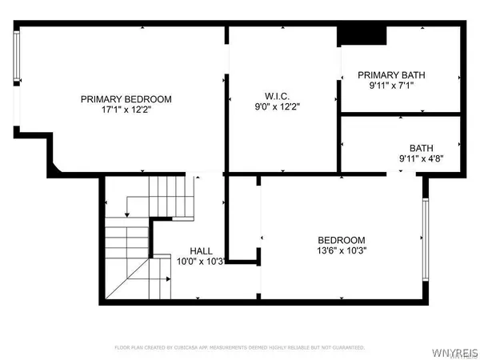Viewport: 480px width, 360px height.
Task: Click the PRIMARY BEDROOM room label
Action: coord(126,99)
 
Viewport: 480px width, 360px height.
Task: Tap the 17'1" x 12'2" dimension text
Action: coord(126,110)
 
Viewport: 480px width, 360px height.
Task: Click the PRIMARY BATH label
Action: coord(391,75)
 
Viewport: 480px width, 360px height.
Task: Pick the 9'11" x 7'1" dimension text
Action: coord(391,86)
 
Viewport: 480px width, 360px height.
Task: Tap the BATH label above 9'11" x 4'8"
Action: coord(421,148)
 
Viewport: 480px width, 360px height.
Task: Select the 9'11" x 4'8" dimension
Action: coord(421,158)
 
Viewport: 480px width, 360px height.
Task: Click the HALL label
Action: coord(201,250)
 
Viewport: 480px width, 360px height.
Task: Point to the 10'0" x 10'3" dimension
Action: coord(200,261)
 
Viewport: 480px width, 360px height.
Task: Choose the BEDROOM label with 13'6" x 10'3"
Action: coord(342,240)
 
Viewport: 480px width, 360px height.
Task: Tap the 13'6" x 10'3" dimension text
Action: coord(342,250)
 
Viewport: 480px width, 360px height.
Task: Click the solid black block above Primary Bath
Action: coord(362,36)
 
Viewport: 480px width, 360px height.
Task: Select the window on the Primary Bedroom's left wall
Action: coord(17,58)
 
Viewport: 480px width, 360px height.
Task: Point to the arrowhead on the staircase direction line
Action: coord(169,279)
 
